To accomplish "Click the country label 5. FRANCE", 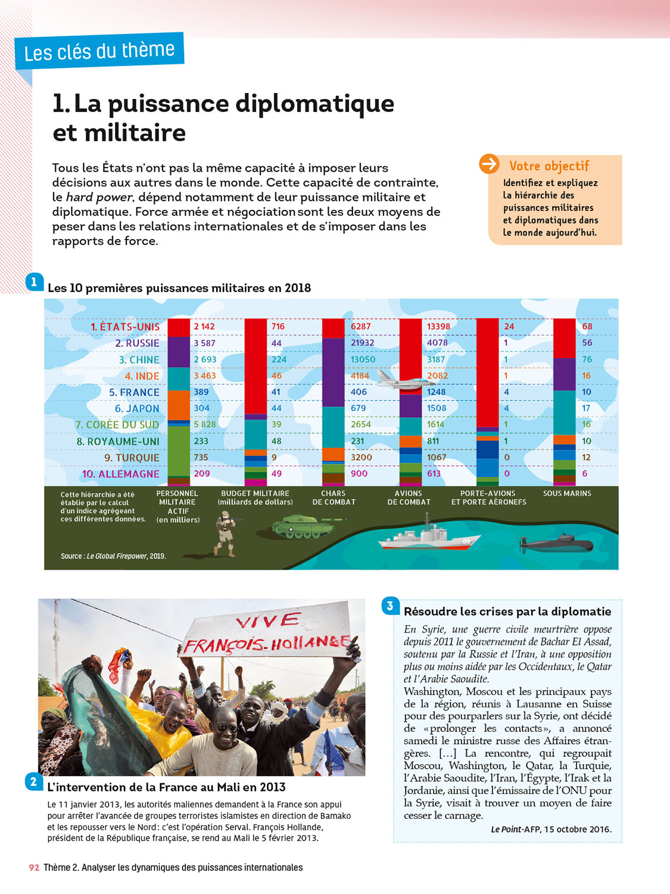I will pos(134,392).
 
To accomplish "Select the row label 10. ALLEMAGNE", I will pos(121,474).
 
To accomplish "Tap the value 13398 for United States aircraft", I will pos(438,327).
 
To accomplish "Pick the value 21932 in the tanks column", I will pos(363,343).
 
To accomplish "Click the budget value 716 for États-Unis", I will pos(278,327).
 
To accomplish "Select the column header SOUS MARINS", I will pos(567,493).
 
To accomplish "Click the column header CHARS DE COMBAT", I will pos(334,498).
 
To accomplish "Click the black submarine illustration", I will pos(556,544).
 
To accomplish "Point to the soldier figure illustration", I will pos(226,534).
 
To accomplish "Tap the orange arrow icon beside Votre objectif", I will pos(489,164).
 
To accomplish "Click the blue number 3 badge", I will pos(390,606).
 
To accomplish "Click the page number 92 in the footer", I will pos(34,868).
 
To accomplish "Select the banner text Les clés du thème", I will pos(99,51).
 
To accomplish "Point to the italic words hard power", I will pos(99,197).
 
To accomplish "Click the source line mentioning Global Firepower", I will pos(113,556).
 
